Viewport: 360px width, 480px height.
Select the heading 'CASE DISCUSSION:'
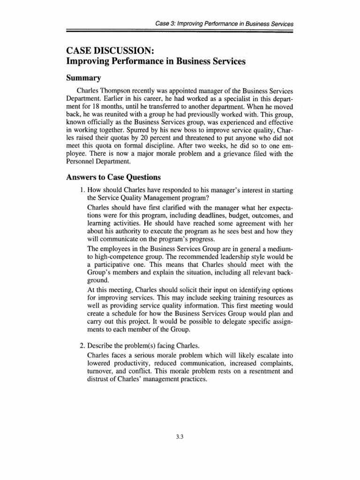click(x=107, y=51)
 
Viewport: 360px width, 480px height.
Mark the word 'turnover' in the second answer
click(x=100, y=372)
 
